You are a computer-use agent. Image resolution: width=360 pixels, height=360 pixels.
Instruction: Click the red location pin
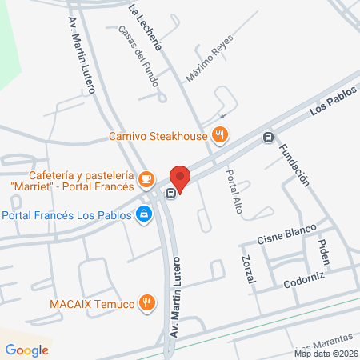[181, 178]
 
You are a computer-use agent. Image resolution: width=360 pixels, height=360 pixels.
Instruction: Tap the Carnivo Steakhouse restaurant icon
[219, 134]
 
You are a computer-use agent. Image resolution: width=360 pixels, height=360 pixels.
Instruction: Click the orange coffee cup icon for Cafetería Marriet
[146, 178]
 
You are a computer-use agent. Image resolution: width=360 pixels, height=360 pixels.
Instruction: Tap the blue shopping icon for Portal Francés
[144, 214]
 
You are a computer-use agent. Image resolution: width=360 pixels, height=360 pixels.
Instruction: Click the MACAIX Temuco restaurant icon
[146, 302]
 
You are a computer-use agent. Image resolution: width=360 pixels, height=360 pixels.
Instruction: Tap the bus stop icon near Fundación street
[268, 136]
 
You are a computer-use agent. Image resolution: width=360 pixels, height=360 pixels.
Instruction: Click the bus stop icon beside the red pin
[170, 193]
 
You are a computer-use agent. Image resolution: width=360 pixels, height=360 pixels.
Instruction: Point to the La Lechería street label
[146, 26]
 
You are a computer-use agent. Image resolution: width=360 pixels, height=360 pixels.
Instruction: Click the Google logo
[26, 350]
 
